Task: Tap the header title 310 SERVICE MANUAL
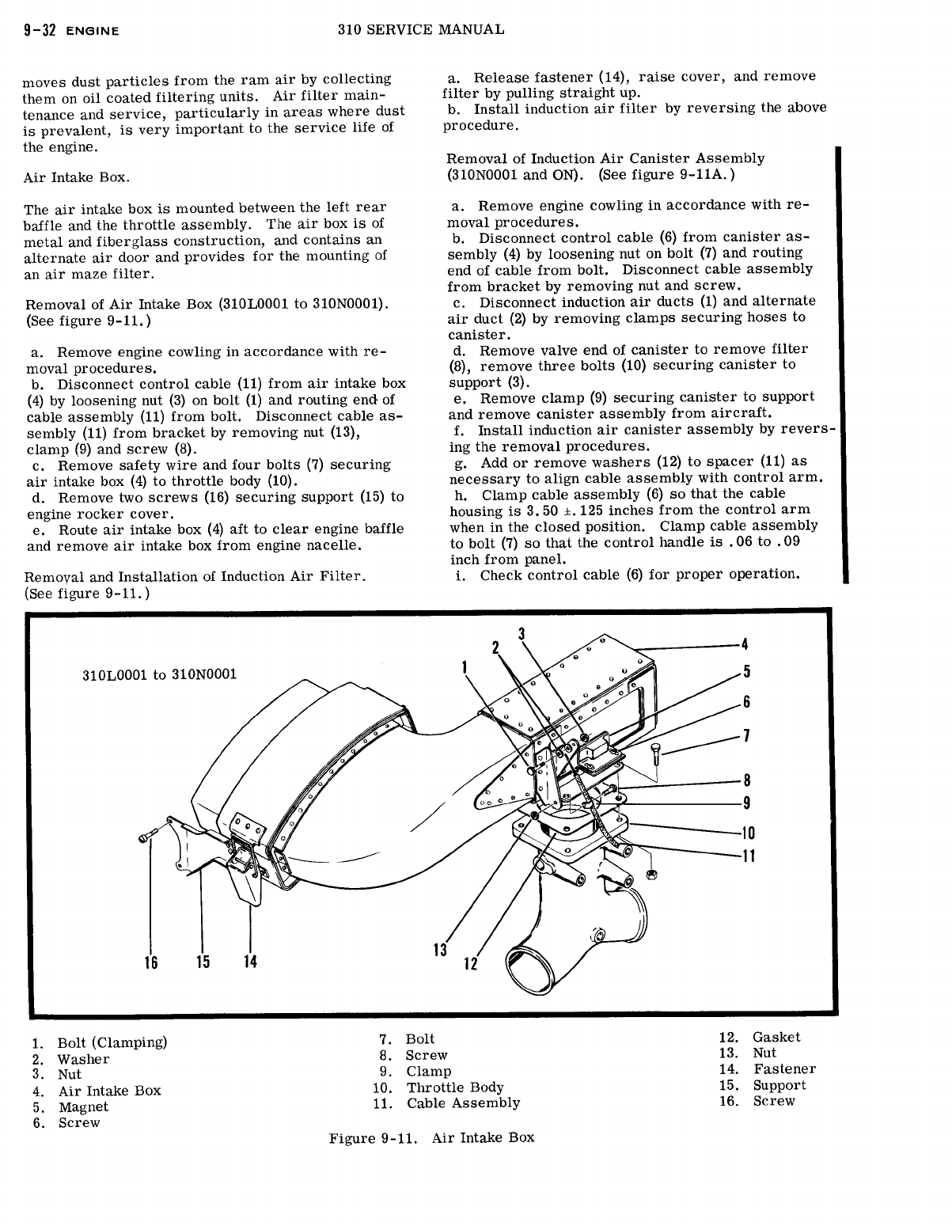pyautogui.click(x=420, y=29)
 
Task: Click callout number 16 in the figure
pyautogui.click(x=150, y=962)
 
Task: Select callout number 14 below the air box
pyautogui.click(x=250, y=962)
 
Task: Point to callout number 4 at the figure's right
pyautogui.click(x=745, y=644)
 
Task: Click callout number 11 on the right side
pyautogui.click(x=747, y=856)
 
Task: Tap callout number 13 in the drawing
pyautogui.click(x=440, y=950)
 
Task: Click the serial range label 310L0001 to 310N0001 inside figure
pyautogui.click(x=159, y=675)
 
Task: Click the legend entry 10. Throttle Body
pyautogui.click(x=438, y=1087)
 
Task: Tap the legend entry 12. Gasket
pyautogui.click(x=760, y=1037)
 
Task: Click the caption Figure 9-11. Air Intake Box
pyautogui.click(x=431, y=1137)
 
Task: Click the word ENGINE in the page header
pyautogui.click(x=93, y=31)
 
